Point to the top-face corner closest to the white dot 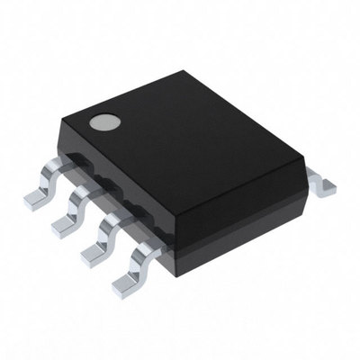(84, 127)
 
